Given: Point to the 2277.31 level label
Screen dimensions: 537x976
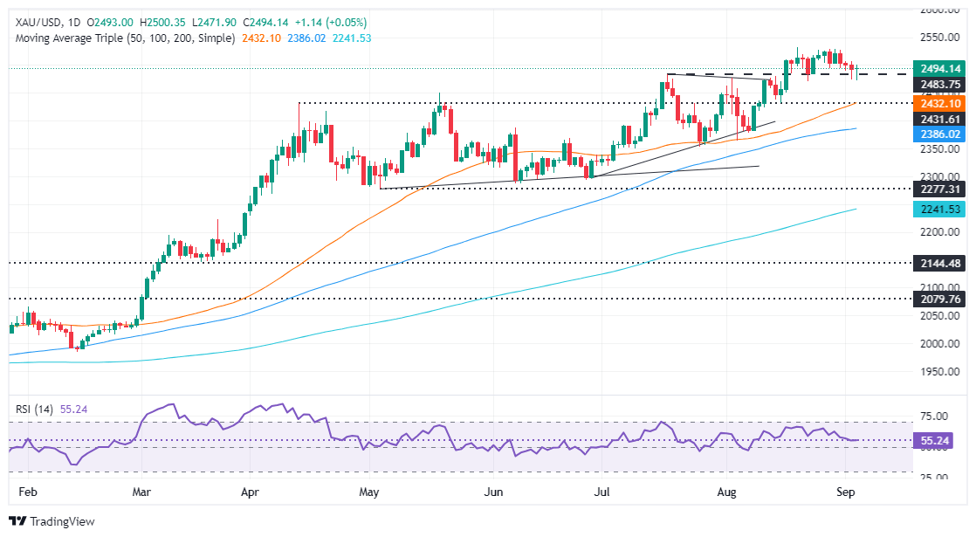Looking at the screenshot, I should [940, 189].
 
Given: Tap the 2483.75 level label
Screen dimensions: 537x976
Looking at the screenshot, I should [940, 85].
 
